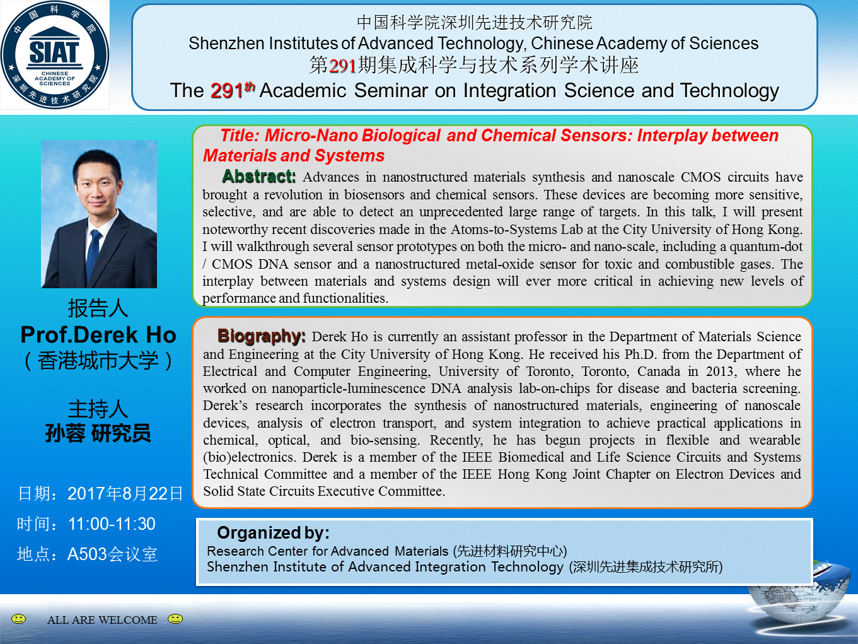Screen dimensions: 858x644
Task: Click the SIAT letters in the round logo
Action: pos(54,52)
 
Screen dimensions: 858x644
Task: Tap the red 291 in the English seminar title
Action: pos(227,91)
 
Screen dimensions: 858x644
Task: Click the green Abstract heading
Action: pos(258,177)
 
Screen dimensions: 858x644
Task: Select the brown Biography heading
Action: pos(262,336)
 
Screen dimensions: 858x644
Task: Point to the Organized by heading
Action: pos(273,532)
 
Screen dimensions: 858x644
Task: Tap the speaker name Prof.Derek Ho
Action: pos(98,335)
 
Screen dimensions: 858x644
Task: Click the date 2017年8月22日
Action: pos(125,493)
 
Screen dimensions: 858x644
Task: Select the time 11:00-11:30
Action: pos(112,524)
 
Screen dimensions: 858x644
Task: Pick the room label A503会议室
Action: pos(112,554)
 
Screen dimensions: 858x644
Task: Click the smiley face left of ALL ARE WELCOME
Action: pos(18,619)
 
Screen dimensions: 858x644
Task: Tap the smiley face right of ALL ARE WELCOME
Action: pos(175,619)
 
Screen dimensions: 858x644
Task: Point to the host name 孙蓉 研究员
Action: pos(98,433)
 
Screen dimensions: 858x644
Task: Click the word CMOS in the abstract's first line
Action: pos(700,177)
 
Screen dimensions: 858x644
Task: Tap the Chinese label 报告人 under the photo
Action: pos(98,308)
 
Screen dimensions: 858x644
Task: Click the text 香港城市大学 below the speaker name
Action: pos(98,361)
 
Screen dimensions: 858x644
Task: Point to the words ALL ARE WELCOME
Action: pos(102,620)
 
